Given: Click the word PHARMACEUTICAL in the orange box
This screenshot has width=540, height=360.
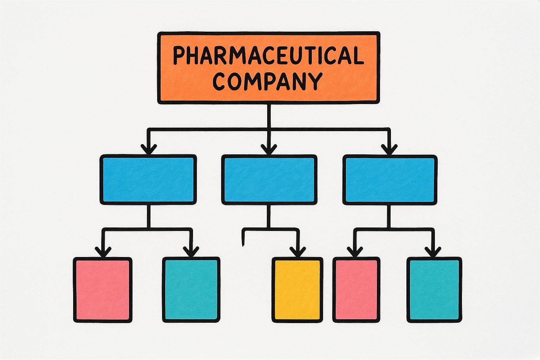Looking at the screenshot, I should [268, 56].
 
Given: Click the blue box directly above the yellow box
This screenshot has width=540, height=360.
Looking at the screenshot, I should [269, 180].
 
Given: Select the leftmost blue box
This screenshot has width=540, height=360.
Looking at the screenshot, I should [148, 180].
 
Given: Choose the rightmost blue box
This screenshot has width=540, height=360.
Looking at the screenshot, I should [390, 180].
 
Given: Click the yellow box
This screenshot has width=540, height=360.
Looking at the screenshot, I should [297, 290].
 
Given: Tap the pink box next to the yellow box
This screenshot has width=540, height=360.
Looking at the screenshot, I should [356, 290].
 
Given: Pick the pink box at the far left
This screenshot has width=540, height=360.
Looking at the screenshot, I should [103, 290].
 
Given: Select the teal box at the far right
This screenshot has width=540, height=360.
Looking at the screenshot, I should [434, 290].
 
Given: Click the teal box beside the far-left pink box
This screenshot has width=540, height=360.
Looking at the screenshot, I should [191, 290].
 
